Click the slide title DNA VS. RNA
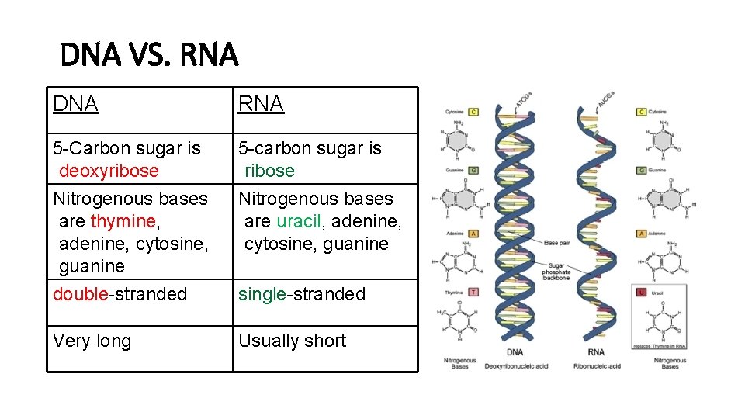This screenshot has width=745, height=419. click(149, 56)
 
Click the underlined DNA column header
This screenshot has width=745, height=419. click(75, 104)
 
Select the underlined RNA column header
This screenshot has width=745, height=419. click(261, 104)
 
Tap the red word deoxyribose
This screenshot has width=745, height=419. click(109, 171)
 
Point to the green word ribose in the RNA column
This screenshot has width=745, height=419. click(269, 171)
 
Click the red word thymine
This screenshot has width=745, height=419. click(123, 221)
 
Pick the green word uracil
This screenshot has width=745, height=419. click(299, 221)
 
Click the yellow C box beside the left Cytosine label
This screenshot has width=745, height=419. click(473, 112)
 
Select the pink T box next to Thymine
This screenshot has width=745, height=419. click(473, 292)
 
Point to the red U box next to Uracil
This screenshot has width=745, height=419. click(641, 292)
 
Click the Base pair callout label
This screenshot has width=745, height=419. click(556, 243)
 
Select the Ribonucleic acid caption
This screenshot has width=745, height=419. click(597, 365)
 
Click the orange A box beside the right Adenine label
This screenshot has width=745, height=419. click(641, 233)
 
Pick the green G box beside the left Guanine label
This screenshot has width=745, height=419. click(473, 170)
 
